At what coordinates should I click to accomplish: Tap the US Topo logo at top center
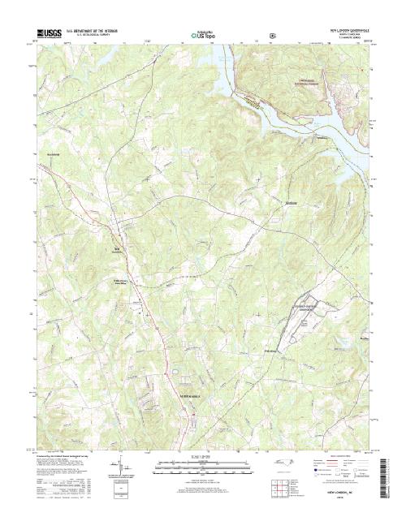202,35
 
